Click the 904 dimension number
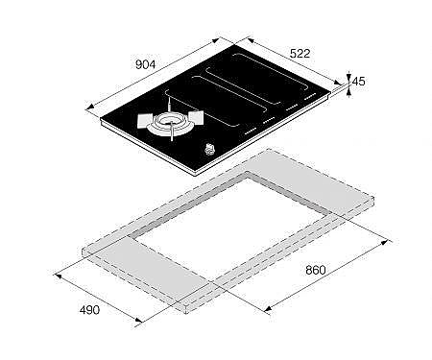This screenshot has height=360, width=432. tap(145, 64)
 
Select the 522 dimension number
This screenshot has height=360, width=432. tap(300, 54)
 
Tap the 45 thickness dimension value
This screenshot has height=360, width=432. tap(358, 82)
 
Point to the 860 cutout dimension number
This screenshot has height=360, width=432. tap(316, 270)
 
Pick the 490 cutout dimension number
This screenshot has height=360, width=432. tap(89, 310)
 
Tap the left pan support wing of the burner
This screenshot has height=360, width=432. tap(145, 121)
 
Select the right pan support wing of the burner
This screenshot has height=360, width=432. tap(196, 117)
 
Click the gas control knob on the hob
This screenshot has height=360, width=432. tap(209, 149)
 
